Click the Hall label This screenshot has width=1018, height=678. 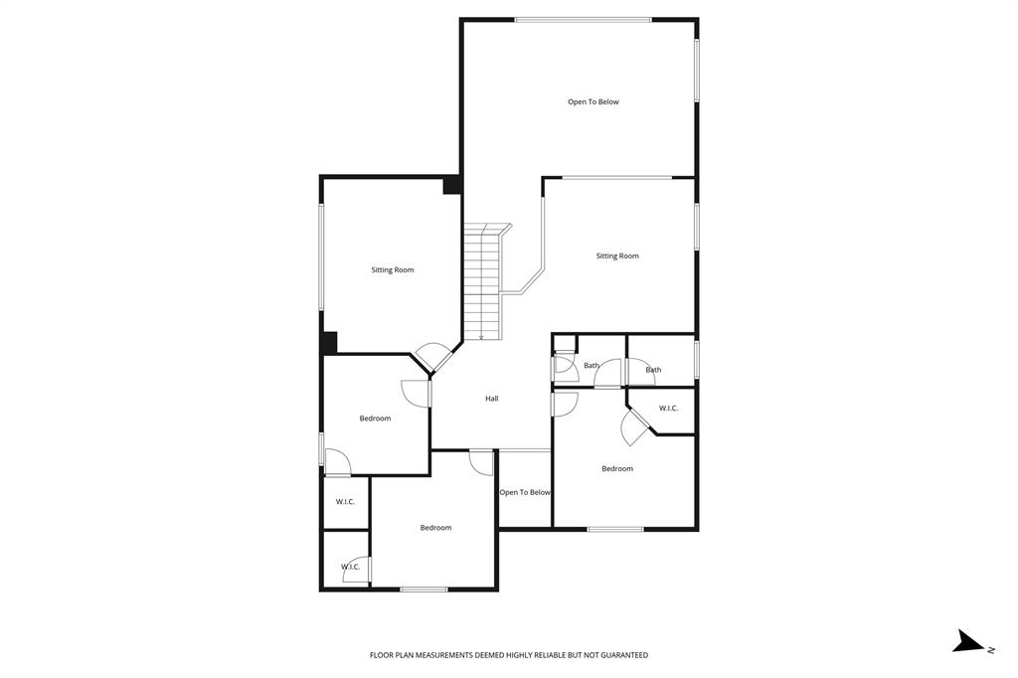tap(491, 399)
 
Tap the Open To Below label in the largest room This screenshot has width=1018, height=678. tap(594, 101)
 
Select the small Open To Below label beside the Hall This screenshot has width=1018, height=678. tap(525, 492)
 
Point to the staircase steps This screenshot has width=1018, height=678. tap(480, 283)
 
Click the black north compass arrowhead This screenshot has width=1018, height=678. tap(966, 642)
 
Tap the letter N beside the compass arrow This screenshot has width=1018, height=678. tap(990, 649)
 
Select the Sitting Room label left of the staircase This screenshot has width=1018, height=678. tap(393, 270)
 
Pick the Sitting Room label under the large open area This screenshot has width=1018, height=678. tap(617, 256)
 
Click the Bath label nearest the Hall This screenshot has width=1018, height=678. tap(592, 366)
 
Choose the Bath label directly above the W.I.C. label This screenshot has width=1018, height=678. tap(653, 370)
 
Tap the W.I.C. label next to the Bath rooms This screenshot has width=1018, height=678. tap(668, 408)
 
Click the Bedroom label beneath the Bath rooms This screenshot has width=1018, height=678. tap(617, 468)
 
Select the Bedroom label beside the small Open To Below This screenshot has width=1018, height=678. tap(435, 528)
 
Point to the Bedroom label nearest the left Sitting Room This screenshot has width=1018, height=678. tap(375, 419)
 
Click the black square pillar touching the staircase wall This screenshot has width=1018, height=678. tap(451, 185)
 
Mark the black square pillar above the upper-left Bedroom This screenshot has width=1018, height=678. tap(329, 342)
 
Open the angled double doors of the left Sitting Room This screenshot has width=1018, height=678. tap(432, 358)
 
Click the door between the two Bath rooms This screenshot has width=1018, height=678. tap(608, 376)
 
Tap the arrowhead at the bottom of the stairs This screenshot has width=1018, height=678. tap(481, 338)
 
